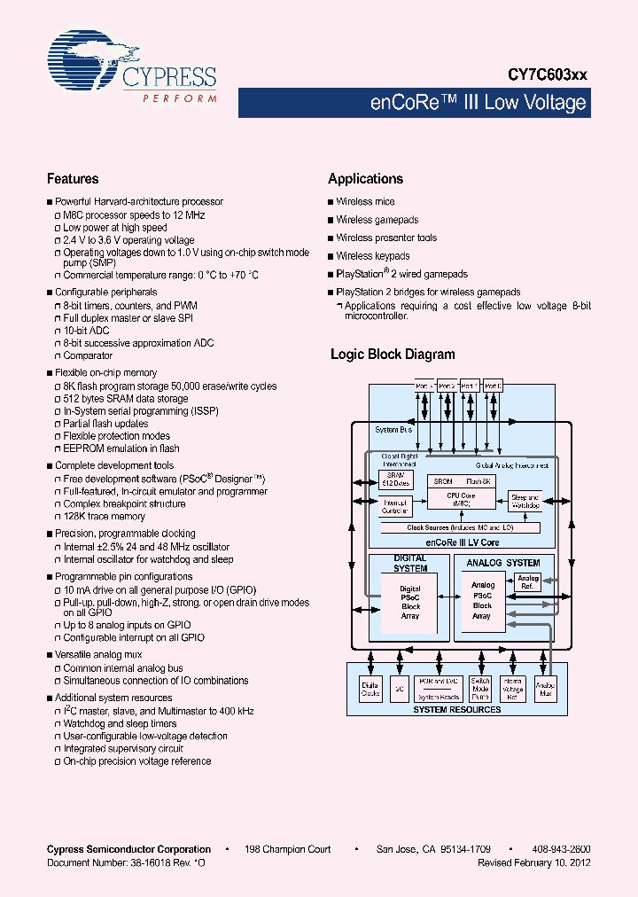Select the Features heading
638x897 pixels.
tap(73, 178)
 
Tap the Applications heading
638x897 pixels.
tap(365, 178)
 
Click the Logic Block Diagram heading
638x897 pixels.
tap(393, 354)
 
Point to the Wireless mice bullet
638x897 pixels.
tap(365, 202)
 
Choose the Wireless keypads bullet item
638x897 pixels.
tap(372, 256)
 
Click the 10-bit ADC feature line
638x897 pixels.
tap(87, 331)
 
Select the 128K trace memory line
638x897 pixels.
tap(104, 516)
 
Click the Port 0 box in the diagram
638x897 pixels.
tap(494, 386)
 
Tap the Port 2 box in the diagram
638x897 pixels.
tap(447, 386)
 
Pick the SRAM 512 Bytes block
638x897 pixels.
tap(394, 480)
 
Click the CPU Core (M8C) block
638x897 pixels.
tap(460, 499)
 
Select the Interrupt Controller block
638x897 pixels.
tap(394, 507)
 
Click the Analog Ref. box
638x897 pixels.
tap(528, 582)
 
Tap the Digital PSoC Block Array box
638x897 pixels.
tap(409, 602)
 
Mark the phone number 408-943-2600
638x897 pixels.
tap(563, 849)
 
